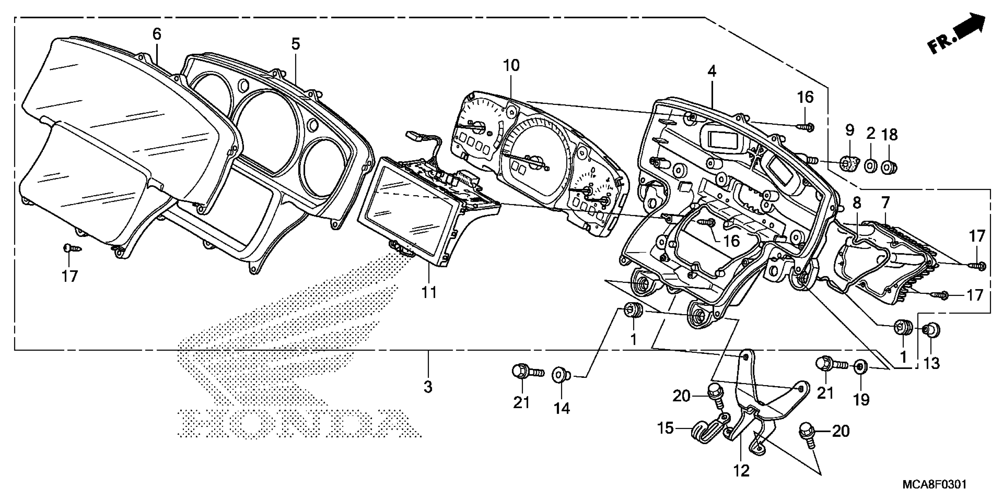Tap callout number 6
[x=157, y=34]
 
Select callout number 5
[x=296, y=44]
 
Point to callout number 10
[x=511, y=66]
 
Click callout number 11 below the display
[x=429, y=292]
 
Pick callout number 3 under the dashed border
[x=428, y=387]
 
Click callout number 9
[x=849, y=130]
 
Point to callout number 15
[x=665, y=428]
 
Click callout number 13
[x=932, y=363]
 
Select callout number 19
[x=861, y=400]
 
